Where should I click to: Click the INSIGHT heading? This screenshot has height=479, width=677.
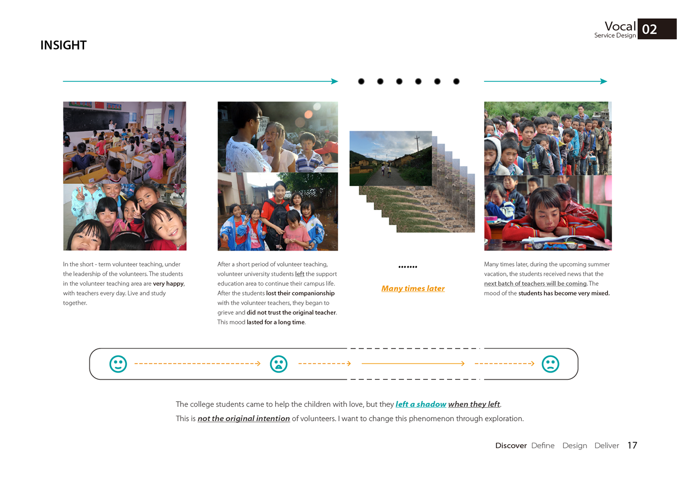click(63, 45)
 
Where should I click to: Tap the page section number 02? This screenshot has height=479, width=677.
click(649, 30)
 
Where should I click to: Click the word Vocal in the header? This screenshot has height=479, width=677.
click(620, 26)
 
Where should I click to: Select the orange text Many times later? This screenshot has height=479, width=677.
click(413, 288)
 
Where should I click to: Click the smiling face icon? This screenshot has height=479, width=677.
click(118, 364)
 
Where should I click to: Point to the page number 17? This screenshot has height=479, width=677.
click(632, 445)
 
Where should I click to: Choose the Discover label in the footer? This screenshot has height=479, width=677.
click(511, 446)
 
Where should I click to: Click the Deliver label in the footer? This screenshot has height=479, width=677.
click(606, 446)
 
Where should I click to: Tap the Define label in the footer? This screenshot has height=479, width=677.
click(543, 446)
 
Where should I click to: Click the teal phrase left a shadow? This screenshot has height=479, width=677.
click(421, 404)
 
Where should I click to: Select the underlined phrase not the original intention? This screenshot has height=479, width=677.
click(244, 419)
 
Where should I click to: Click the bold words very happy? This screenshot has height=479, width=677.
click(168, 284)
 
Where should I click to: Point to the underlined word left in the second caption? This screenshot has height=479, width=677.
click(300, 274)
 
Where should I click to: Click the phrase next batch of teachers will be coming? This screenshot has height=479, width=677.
click(535, 284)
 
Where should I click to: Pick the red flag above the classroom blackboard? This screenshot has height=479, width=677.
click(100, 105)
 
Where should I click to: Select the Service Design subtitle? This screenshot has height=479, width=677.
click(615, 35)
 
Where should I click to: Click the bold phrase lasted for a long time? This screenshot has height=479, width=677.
click(276, 322)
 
